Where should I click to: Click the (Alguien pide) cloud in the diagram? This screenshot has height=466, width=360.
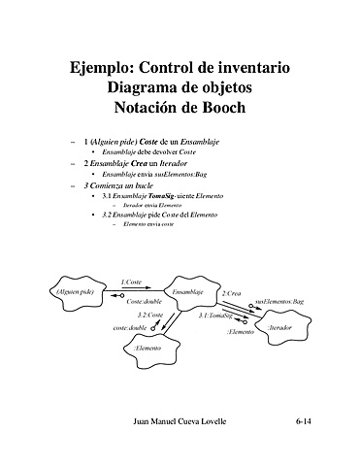(74, 292)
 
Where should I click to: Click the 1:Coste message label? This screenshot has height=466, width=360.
(131, 282)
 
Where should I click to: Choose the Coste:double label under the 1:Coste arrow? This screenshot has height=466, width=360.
(144, 302)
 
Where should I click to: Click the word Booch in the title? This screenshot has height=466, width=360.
(219, 107)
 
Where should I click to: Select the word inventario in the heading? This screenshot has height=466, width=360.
(243, 68)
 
